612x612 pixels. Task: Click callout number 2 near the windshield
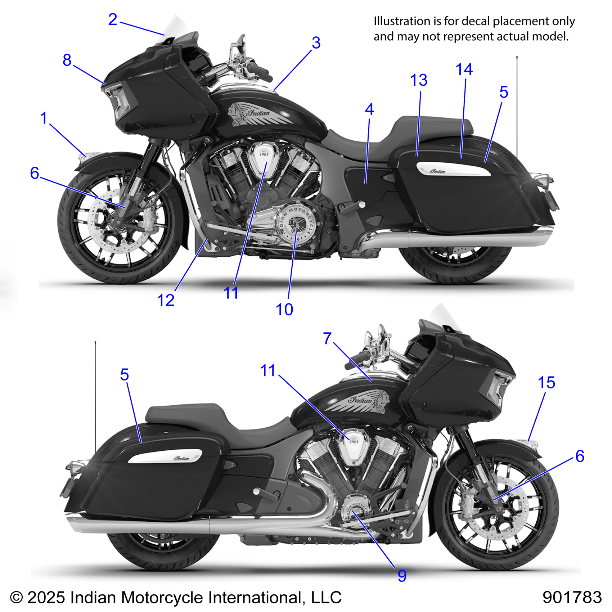113,19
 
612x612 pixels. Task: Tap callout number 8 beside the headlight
67,60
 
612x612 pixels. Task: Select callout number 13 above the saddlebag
419,80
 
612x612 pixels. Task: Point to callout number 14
464,69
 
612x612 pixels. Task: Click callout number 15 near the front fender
546,382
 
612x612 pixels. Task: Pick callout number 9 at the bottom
402,576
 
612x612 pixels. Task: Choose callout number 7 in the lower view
327,338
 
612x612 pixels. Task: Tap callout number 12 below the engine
166,300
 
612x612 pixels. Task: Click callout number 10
284,309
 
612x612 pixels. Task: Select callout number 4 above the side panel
369,109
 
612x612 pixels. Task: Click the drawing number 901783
572,597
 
